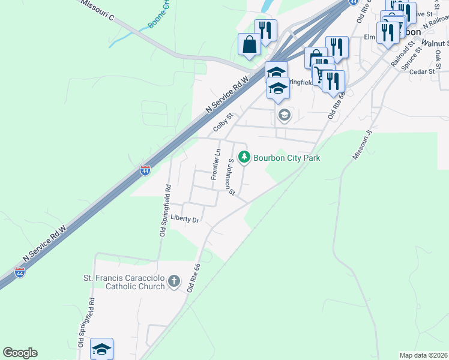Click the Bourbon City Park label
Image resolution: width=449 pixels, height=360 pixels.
[286, 158]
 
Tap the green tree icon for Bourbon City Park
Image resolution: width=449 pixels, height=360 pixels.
[244, 157]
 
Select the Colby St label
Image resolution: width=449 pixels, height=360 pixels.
[222, 124]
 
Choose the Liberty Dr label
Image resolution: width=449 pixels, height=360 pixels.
[184, 219]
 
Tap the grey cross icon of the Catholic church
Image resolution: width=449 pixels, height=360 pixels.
[173, 281]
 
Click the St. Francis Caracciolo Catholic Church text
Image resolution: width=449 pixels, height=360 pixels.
[124, 282]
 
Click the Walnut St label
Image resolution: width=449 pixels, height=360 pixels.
[435, 43]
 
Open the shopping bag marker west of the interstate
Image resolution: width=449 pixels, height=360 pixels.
[249, 44]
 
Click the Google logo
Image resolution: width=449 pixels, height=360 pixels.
[20, 353]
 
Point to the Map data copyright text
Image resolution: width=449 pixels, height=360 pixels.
[423, 355]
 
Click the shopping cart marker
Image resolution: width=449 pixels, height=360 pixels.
[322, 74]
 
